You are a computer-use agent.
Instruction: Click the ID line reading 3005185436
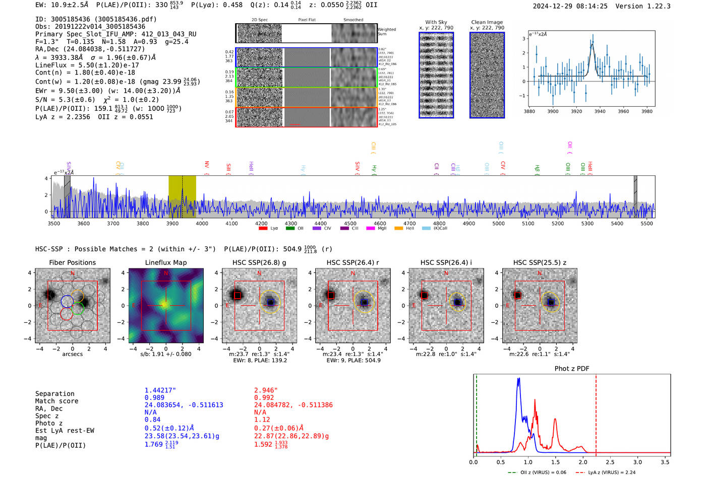click(x=96, y=19)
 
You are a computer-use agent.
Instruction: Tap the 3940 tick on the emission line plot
click(x=600, y=111)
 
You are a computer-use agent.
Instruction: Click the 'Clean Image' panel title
click(x=487, y=22)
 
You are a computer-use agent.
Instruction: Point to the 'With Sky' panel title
click(x=436, y=22)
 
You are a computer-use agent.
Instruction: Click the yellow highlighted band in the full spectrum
click(x=182, y=196)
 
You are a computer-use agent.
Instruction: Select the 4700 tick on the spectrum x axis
click(x=409, y=223)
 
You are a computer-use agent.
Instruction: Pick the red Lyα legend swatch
click(x=263, y=229)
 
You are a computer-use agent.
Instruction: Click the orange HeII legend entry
click(x=404, y=229)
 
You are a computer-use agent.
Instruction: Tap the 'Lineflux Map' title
click(x=165, y=262)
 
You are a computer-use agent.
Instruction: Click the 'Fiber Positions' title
click(x=72, y=262)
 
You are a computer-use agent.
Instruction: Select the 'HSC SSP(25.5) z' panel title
click(x=540, y=262)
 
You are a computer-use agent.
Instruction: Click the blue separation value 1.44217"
click(x=160, y=390)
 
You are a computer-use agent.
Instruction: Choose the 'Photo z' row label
click(x=49, y=423)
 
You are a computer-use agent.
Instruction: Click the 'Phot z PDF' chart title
click(x=571, y=369)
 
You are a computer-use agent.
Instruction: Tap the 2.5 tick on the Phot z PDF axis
click(x=610, y=462)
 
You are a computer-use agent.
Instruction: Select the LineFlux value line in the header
click(x=87, y=65)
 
